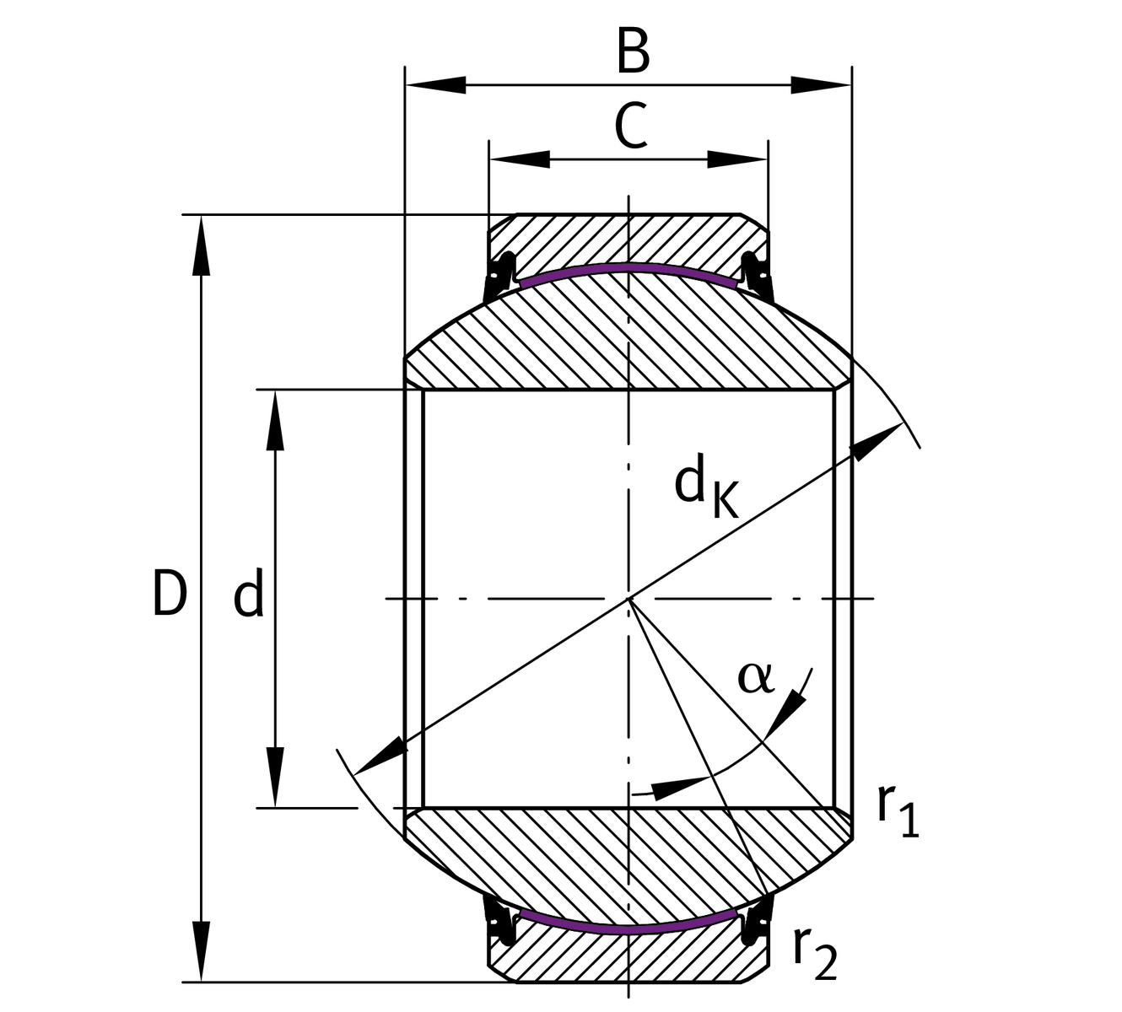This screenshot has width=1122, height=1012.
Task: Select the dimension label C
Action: pos(631,126)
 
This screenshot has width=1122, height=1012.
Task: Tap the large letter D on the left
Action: pos(169,593)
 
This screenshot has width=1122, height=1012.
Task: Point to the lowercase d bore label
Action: pos(249,593)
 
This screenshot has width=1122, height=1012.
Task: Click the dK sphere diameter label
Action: pos(704,489)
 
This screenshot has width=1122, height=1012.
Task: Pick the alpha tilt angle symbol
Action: pos(755,676)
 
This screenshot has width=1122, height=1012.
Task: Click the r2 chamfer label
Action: pos(814,953)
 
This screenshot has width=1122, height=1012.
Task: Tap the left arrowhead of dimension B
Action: pos(434,84)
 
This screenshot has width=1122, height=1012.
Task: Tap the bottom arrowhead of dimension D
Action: pos(201,951)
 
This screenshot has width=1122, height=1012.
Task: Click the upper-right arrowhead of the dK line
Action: pos(877,440)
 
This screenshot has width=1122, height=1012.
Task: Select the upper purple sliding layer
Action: pos(628,269)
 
